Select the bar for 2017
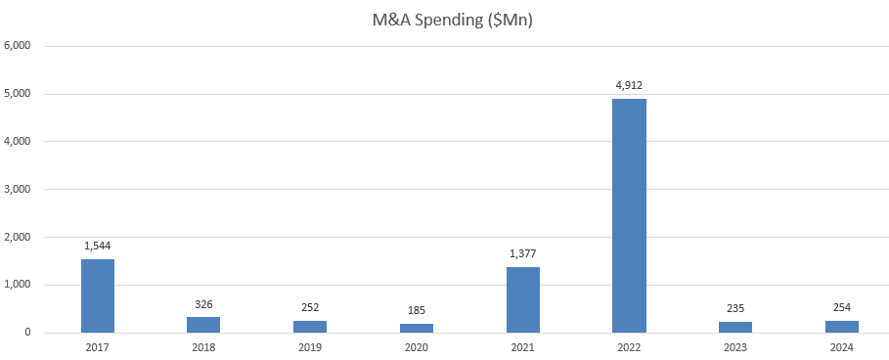98,295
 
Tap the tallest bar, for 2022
629,215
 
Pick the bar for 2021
523,299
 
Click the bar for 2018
203,325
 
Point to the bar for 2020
417,328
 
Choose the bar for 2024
841,327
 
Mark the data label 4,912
629,85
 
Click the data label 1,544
98,246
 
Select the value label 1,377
523,254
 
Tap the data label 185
417,311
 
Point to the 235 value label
734,308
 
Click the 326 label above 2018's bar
203,304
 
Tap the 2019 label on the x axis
310,346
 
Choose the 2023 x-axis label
734,346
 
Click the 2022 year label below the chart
629,346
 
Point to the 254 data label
841,307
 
